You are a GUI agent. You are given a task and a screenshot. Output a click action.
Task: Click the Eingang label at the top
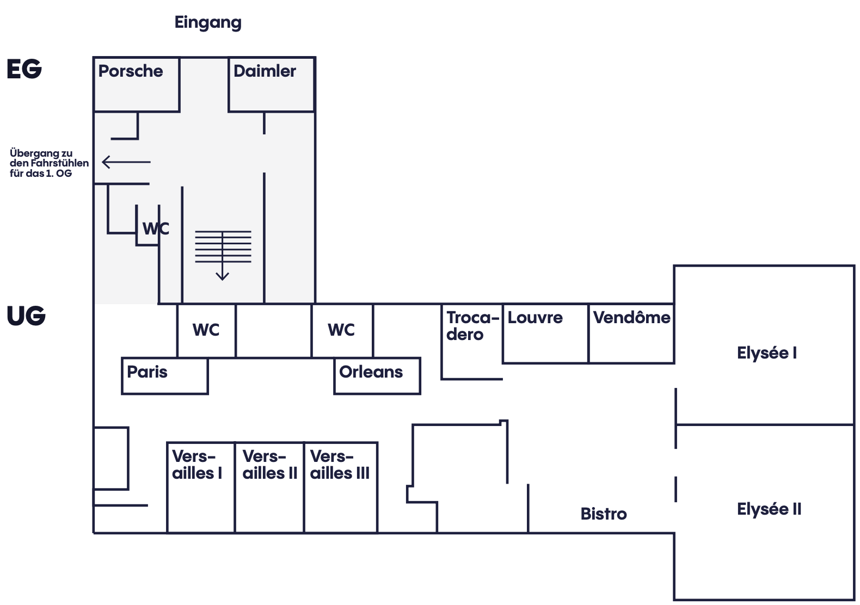(x=208, y=23)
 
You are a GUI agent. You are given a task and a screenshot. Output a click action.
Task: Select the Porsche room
(x=137, y=85)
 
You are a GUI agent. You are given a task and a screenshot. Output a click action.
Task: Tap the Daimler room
(x=272, y=85)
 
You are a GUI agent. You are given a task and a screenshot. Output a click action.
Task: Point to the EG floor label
(x=24, y=69)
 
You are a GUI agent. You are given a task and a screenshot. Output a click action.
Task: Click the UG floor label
(x=26, y=316)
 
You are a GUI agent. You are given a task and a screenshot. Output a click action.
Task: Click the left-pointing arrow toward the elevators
(x=126, y=162)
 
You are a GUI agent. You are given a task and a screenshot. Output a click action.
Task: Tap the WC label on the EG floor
(x=156, y=229)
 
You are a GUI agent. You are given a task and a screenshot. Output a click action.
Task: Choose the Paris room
(x=165, y=376)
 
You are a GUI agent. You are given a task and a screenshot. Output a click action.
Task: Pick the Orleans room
(x=377, y=376)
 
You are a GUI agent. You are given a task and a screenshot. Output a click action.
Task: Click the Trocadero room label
(x=472, y=326)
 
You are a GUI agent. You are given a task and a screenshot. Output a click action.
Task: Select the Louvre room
(x=545, y=334)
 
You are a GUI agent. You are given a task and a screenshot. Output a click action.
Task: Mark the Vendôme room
(x=631, y=334)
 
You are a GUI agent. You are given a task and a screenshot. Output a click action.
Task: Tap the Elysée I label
(x=767, y=353)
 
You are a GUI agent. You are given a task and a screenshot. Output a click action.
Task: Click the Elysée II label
(x=769, y=509)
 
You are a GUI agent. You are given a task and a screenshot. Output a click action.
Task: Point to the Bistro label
(x=604, y=514)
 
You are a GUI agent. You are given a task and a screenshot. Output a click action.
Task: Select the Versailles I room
(x=201, y=487)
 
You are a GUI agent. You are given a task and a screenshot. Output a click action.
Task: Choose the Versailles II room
(x=269, y=487)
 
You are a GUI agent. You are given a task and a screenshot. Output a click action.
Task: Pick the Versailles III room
(x=341, y=487)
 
